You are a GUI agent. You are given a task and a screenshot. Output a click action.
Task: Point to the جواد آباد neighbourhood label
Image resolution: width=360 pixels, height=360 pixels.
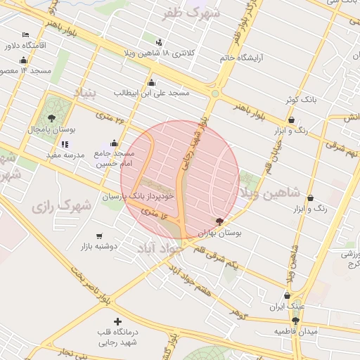pyautogui.click(x=163, y=247)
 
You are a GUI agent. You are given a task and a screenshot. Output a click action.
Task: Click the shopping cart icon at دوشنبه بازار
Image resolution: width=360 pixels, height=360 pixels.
pyautogui.click(x=99, y=236)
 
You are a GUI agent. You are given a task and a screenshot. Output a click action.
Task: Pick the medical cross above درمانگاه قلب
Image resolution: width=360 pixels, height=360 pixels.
pyautogui.click(x=117, y=321)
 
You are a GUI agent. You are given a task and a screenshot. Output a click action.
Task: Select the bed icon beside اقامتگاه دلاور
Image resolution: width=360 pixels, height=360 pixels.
pyautogui.click(x=25, y=34)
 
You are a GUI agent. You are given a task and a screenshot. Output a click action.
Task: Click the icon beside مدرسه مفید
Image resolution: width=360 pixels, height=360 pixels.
pyautogui.click(x=65, y=144)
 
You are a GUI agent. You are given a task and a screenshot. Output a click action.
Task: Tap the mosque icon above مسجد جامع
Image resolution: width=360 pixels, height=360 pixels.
pyautogui.click(x=115, y=143)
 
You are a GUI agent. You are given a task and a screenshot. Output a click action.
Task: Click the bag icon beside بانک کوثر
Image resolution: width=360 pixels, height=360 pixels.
pyautogui.click(x=290, y=101)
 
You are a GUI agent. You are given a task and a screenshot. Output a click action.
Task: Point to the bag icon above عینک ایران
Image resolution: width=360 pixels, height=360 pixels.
pyautogui.click(x=286, y=296)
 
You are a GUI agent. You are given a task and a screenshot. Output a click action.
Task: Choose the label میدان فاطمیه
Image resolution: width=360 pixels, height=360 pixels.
pyautogui.click(x=296, y=330)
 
